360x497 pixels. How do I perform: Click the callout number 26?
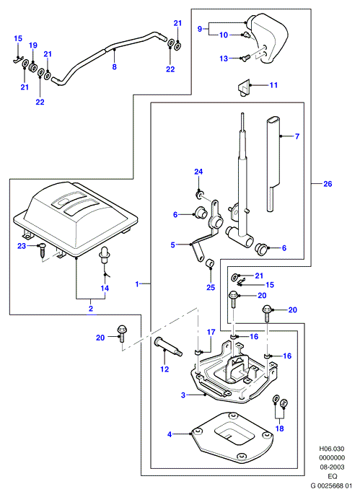[328, 183]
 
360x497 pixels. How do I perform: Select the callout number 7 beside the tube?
[297, 136]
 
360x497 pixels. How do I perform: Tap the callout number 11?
[273, 85]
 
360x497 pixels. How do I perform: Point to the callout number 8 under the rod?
[115, 66]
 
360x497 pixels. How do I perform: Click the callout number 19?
[33, 45]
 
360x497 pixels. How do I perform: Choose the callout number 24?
[198, 172]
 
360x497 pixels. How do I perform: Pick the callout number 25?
[211, 288]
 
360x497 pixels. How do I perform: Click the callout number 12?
[164, 369]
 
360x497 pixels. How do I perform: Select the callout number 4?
[170, 434]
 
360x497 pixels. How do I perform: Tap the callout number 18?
[279, 428]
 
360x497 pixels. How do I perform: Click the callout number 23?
[22, 246]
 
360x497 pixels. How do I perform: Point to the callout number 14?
[105, 288]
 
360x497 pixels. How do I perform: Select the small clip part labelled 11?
[244, 87]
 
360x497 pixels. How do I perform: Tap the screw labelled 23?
[42, 252]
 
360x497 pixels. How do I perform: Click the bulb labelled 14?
[104, 257]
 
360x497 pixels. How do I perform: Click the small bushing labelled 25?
[209, 263]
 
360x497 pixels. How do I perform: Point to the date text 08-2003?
[332, 467]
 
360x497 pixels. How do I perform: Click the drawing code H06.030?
[331, 449]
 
